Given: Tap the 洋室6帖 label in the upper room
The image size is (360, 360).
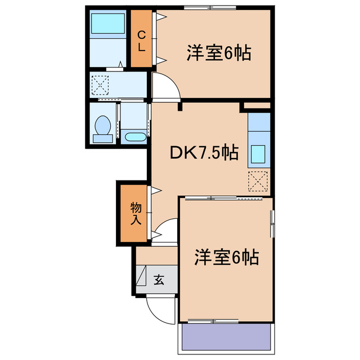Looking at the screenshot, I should click(218, 54).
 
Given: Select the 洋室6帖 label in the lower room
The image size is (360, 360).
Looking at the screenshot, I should click(226, 258).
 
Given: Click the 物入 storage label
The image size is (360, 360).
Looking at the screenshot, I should click(136, 213).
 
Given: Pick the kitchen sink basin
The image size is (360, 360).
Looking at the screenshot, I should click(258, 153).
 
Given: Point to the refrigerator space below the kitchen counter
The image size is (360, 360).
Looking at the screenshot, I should click(258, 181).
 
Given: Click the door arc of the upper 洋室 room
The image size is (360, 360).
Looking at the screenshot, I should click(166, 87).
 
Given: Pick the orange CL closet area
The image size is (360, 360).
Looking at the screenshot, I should click(141, 39).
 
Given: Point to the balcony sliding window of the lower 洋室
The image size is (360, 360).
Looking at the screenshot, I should click(214, 321).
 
